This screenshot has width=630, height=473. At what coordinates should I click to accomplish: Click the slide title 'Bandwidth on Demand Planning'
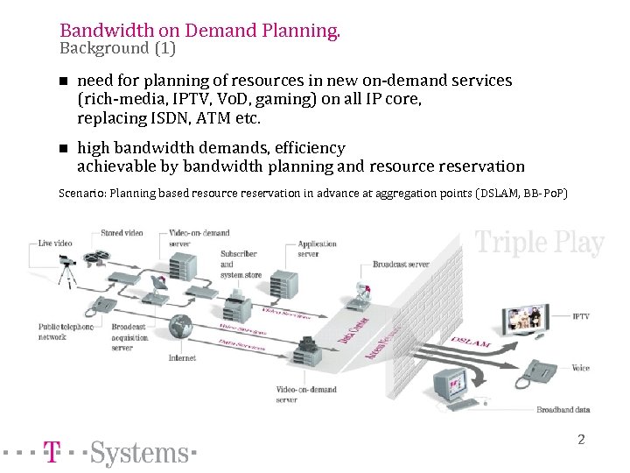click(199, 31)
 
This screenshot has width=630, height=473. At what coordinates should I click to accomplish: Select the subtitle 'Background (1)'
click(117, 48)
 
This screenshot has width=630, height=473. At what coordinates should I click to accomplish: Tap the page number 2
click(581, 439)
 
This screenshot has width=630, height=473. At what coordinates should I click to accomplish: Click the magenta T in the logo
click(52, 452)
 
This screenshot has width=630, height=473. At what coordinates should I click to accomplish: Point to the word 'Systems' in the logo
click(139, 452)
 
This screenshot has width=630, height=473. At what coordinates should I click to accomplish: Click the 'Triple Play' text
click(539, 243)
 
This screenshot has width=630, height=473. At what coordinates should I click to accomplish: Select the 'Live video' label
click(55, 243)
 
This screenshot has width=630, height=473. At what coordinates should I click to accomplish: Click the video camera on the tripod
click(65, 262)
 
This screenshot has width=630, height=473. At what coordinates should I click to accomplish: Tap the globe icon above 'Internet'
click(182, 327)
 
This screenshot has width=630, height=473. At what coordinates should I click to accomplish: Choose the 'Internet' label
click(182, 357)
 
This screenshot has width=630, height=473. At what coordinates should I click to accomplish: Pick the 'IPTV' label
click(580, 316)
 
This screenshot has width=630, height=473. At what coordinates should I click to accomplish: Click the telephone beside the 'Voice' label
click(535, 373)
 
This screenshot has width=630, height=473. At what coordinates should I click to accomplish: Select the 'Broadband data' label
click(563, 410)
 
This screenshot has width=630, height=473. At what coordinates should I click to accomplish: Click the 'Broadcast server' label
click(401, 264)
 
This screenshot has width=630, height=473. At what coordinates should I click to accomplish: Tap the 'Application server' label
click(317, 250)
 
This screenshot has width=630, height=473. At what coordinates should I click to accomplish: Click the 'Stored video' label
click(122, 234)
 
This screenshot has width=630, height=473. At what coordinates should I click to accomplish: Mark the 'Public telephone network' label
click(64, 331)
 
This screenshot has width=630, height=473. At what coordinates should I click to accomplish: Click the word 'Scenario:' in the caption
click(82, 193)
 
